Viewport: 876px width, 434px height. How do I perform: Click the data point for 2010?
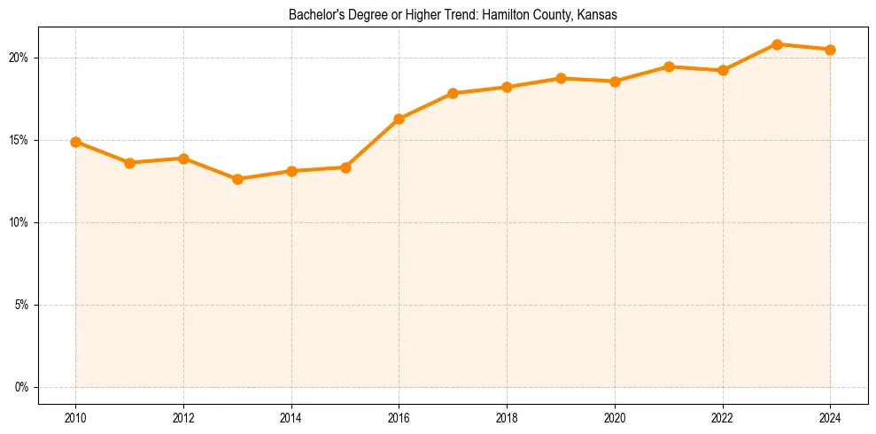click(x=76, y=142)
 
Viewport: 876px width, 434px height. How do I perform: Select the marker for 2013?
click(x=237, y=179)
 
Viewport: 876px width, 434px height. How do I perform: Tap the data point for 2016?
click(x=399, y=119)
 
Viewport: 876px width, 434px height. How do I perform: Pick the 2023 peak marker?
click(x=777, y=44)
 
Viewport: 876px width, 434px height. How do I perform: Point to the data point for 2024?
click(x=830, y=50)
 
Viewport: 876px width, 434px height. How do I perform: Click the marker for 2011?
click(x=130, y=163)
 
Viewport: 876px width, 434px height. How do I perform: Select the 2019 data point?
click(x=561, y=78)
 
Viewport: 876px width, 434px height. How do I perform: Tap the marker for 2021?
click(x=669, y=66)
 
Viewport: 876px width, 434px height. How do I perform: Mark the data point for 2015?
click(x=345, y=167)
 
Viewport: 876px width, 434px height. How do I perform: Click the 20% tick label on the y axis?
click(x=19, y=58)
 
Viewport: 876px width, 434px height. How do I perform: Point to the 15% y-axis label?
click(x=19, y=140)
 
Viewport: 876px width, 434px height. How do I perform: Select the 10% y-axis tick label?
click(x=19, y=222)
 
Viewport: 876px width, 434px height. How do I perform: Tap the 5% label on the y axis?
click(x=21, y=305)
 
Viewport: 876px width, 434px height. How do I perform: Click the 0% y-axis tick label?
click(x=21, y=387)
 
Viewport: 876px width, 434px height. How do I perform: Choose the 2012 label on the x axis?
click(x=183, y=419)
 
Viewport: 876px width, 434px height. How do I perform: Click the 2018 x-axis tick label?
click(x=507, y=419)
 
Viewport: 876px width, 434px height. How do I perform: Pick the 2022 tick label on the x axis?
click(x=723, y=419)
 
